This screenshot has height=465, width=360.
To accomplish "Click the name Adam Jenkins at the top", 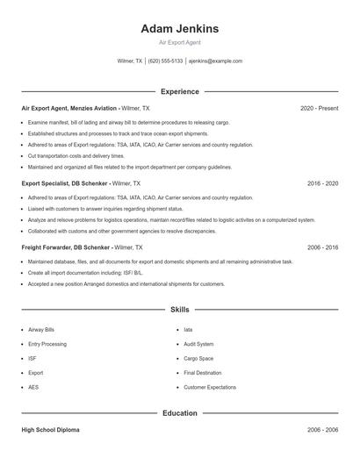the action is pos(180,29).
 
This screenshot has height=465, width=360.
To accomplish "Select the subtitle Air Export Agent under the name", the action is pos(180,42).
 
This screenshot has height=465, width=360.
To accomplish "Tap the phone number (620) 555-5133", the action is pos(165,61).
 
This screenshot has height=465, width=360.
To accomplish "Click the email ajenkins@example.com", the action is pos(215,61).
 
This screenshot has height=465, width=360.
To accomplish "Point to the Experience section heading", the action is pos(180,91).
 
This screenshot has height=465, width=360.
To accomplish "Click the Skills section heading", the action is pos(180,310).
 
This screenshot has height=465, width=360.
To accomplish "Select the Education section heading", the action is pos(180,412).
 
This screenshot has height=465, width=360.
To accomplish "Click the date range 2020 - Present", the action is pos(319,108).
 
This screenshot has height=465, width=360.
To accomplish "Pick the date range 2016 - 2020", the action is pos(322,184).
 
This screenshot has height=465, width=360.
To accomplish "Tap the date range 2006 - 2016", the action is pos(322,248).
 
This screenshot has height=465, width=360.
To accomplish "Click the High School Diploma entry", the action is pos(50,430).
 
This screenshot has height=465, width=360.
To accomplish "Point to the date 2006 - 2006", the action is pos(322,430).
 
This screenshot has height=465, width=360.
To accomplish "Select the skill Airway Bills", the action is pos(41,330).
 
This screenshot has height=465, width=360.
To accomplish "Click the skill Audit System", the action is pos(198,344).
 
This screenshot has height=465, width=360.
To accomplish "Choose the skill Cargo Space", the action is pos(198,358).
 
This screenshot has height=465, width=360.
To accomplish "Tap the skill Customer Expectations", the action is pos(210,387).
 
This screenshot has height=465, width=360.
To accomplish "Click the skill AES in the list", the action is pos(33,387).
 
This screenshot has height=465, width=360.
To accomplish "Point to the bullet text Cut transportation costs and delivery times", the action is pos(76,155).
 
